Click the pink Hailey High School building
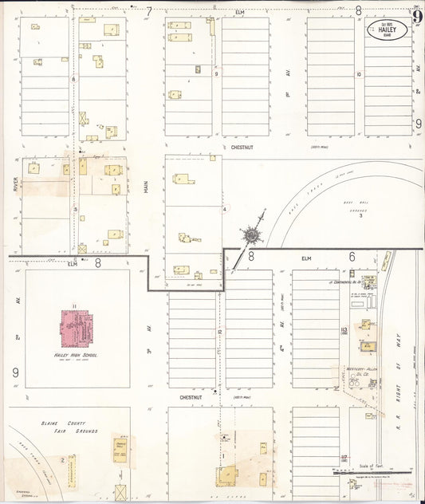point(78,328)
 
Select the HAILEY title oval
point(387,30)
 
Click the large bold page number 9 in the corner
point(416,16)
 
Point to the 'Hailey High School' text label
point(77,355)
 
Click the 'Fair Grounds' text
point(80,431)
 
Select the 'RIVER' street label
point(15,185)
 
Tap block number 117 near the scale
point(344,457)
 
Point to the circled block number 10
point(359,73)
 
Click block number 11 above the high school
point(73,306)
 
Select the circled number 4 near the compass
point(226,209)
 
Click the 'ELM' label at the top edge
point(239,11)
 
